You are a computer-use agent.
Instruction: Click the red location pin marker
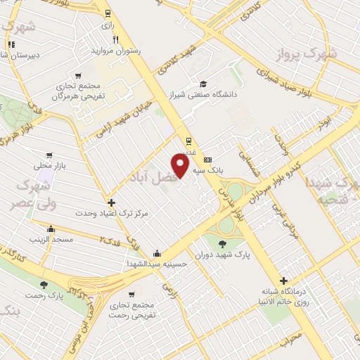pos(181,165)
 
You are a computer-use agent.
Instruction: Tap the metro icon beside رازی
pos(107,13)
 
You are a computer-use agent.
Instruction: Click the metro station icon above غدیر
pos(188,139)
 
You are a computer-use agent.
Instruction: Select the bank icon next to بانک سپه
pos(207,159)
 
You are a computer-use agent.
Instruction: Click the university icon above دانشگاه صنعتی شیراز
pos(203,82)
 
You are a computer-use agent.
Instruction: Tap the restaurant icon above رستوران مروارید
pos(116,39)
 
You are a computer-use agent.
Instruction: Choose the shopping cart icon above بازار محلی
pos(49,155)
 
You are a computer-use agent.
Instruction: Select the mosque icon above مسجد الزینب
pos(51,229)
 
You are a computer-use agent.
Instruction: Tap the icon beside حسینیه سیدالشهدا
pos(156,254)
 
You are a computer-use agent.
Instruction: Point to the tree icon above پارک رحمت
pos(44,284)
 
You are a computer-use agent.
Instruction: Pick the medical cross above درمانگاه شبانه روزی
pos(283,280)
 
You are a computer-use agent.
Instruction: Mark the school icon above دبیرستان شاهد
pos(11,45)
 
